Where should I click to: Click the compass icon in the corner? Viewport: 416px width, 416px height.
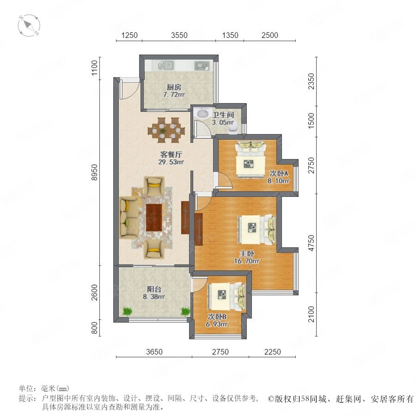point(29,25)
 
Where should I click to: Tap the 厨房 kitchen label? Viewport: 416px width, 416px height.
point(174,87)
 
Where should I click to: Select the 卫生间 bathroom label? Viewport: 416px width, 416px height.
point(223,115)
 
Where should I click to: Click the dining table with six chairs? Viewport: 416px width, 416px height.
point(166,128)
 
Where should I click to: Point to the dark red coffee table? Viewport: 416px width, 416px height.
point(154,217)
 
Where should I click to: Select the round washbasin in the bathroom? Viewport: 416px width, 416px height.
point(203,113)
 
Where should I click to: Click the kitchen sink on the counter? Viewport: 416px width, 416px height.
point(166,65)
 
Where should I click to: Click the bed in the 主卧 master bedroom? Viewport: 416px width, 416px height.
point(257,229)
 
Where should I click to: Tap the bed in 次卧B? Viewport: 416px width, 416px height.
point(226,296)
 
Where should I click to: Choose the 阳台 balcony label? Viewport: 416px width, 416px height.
point(154,289)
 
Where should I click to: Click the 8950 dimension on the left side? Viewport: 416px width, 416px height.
point(94,172)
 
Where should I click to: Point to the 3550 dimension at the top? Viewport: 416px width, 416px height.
point(179,35)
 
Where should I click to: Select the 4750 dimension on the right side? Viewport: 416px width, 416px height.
point(311,243)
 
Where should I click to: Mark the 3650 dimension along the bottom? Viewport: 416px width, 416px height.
point(154,352)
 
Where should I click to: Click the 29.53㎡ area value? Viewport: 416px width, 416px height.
point(171,162)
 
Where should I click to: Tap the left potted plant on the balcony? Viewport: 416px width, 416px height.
point(128,311)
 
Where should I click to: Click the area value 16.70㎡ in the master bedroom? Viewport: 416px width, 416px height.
point(246,261)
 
